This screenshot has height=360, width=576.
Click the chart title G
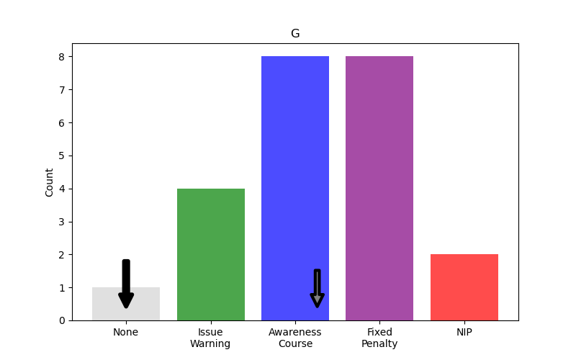(295, 34)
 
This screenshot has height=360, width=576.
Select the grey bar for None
(148, 304)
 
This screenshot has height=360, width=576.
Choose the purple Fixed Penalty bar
(379, 188)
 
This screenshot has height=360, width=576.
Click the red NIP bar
(464, 287)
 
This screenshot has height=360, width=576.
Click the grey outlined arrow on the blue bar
(317, 288)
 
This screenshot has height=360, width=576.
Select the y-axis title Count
(50, 182)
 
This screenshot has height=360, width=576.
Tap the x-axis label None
(126, 332)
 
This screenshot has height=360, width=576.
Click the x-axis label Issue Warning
(210, 338)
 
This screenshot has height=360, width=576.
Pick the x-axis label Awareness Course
(295, 338)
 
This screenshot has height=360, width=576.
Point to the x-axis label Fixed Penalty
(379, 338)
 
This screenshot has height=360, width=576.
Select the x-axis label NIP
(464, 332)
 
